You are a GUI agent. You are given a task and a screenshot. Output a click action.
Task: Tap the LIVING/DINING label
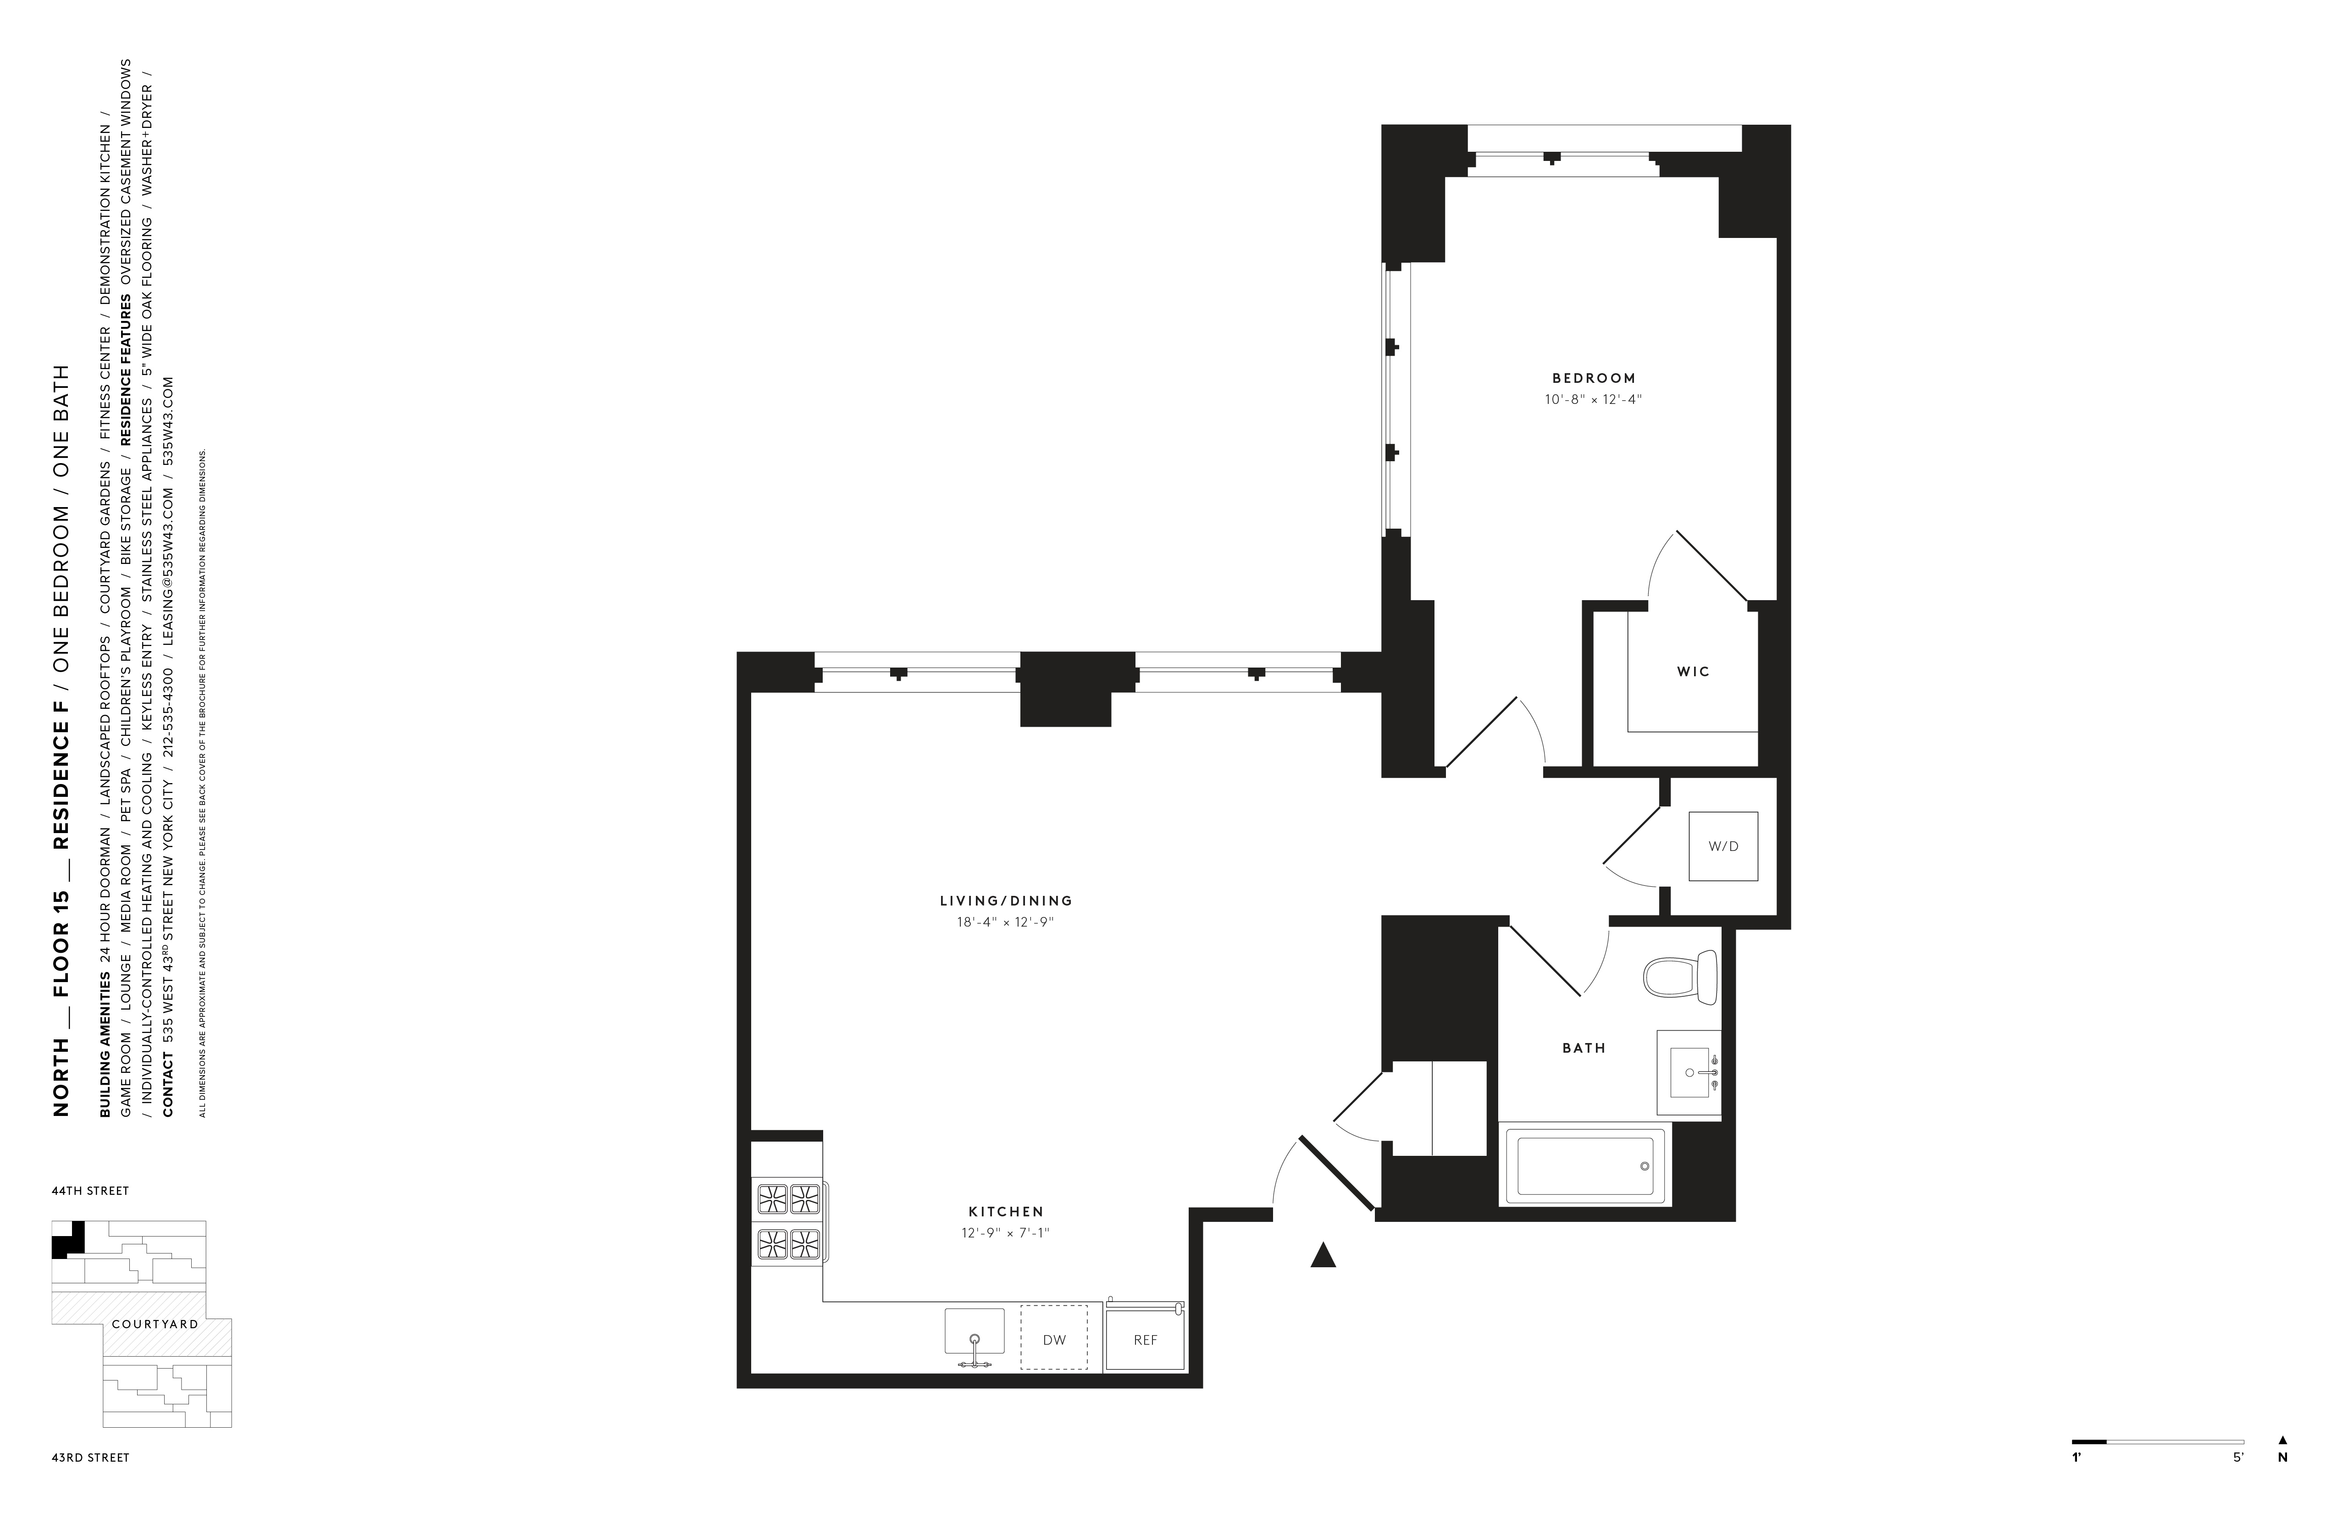click(1006, 900)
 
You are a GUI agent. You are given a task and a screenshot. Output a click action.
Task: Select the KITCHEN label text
click(1006, 1212)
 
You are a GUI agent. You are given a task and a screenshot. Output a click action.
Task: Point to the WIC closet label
click(1693, 672)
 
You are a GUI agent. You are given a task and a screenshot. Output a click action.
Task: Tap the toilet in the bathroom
click(1680, 977)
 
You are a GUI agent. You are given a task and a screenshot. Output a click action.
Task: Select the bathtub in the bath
click(1584, 1165)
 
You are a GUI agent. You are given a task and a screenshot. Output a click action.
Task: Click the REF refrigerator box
click(1145, 1339)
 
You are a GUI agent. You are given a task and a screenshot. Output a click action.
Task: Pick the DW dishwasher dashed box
click(1053, 1339)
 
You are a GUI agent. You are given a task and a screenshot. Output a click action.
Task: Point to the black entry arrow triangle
click(1323, 1256)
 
